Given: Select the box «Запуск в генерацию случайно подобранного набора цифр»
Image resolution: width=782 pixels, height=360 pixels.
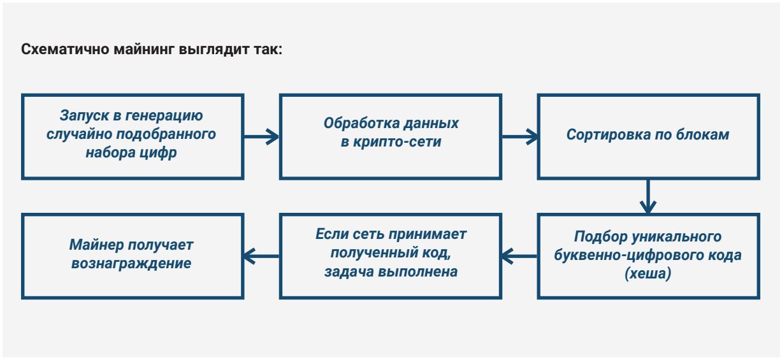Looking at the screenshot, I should pos(132,136).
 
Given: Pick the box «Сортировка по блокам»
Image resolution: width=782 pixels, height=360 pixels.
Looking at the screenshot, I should pos(648,136).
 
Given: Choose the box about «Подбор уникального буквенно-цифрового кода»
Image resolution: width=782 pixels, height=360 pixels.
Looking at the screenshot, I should pos(648,256).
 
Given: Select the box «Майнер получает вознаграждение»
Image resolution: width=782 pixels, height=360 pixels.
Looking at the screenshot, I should pos(132,256).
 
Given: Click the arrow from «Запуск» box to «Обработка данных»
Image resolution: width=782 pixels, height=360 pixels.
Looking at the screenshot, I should pos(261,136).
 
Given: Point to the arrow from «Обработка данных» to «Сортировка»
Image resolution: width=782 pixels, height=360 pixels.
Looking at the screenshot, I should pos(519,136).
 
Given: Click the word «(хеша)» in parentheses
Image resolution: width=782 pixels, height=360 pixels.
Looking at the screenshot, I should pos(648,276).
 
